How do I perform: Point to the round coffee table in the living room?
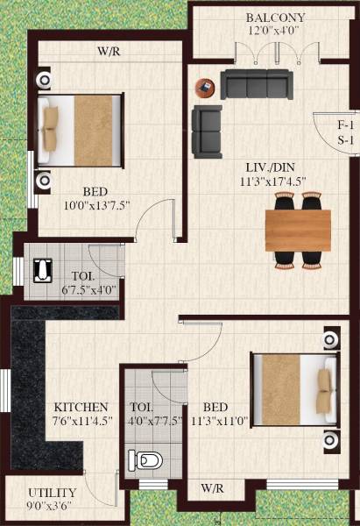click(x=205, y=88)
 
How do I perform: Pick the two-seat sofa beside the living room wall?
click(x=207, y=129)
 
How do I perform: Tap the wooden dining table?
click(x=298, y=231)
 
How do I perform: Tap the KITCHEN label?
click(x=81, y=408)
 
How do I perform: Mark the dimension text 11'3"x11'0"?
click(x=215, y=422)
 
